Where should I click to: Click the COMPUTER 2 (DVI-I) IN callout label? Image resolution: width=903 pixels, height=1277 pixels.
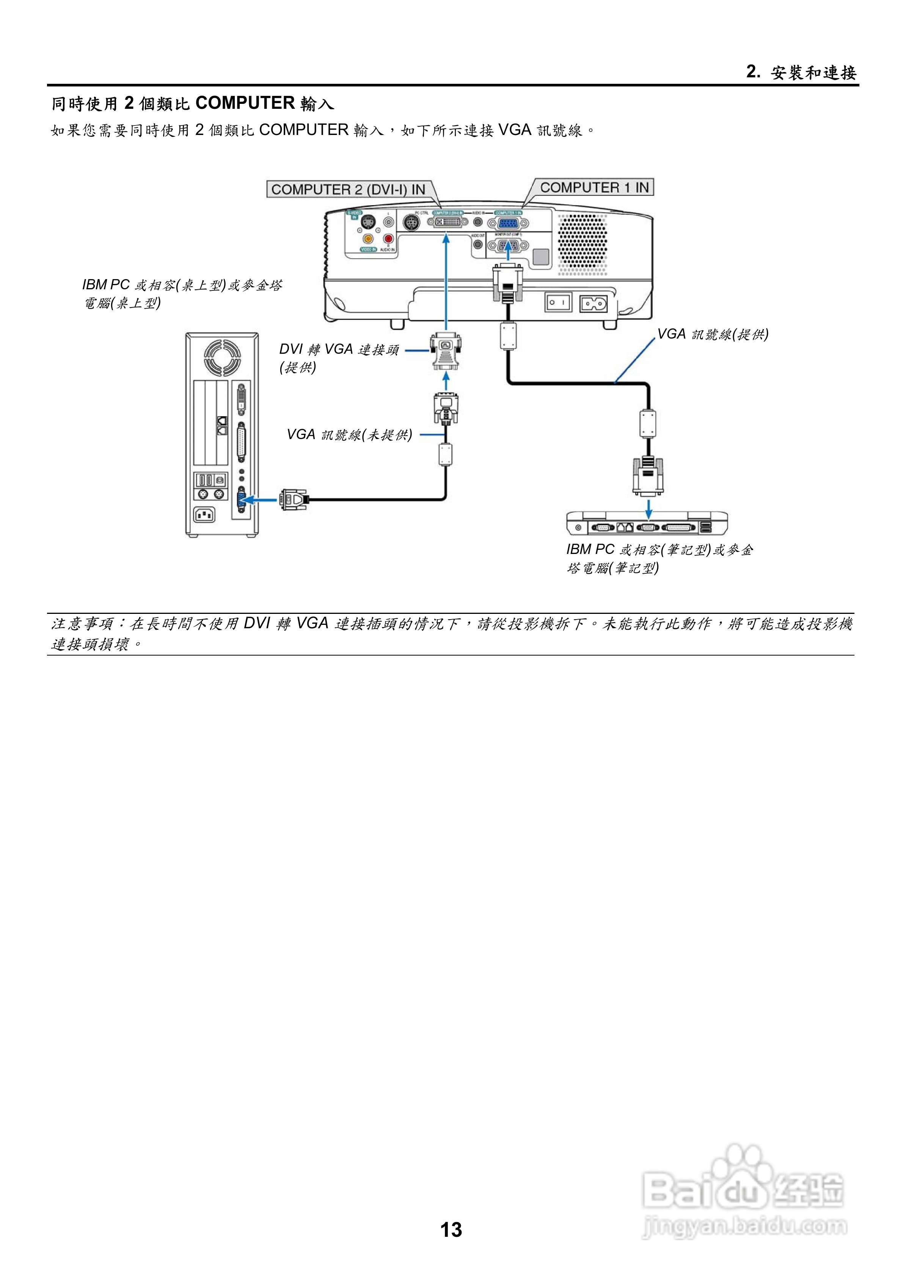click(348, 189)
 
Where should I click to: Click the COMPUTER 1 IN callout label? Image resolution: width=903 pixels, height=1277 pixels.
click(594, 187)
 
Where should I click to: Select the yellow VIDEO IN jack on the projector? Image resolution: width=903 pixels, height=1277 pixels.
click(368, 238)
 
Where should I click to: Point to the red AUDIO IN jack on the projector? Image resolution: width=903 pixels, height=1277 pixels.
click(388, 238)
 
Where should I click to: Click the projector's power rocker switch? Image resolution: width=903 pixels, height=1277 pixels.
click(558, 303)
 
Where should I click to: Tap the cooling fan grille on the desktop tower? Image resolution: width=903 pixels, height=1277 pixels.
click(222, 356)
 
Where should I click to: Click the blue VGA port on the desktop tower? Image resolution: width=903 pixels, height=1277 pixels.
click(241, 499)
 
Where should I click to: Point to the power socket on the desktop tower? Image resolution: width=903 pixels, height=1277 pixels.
click(204, 515)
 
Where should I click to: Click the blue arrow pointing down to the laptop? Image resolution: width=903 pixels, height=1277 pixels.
click(648, 507)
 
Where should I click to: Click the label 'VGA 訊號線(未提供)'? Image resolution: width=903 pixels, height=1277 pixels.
click(349, 435)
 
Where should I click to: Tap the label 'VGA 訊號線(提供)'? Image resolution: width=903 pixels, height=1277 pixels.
click(713, 334)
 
